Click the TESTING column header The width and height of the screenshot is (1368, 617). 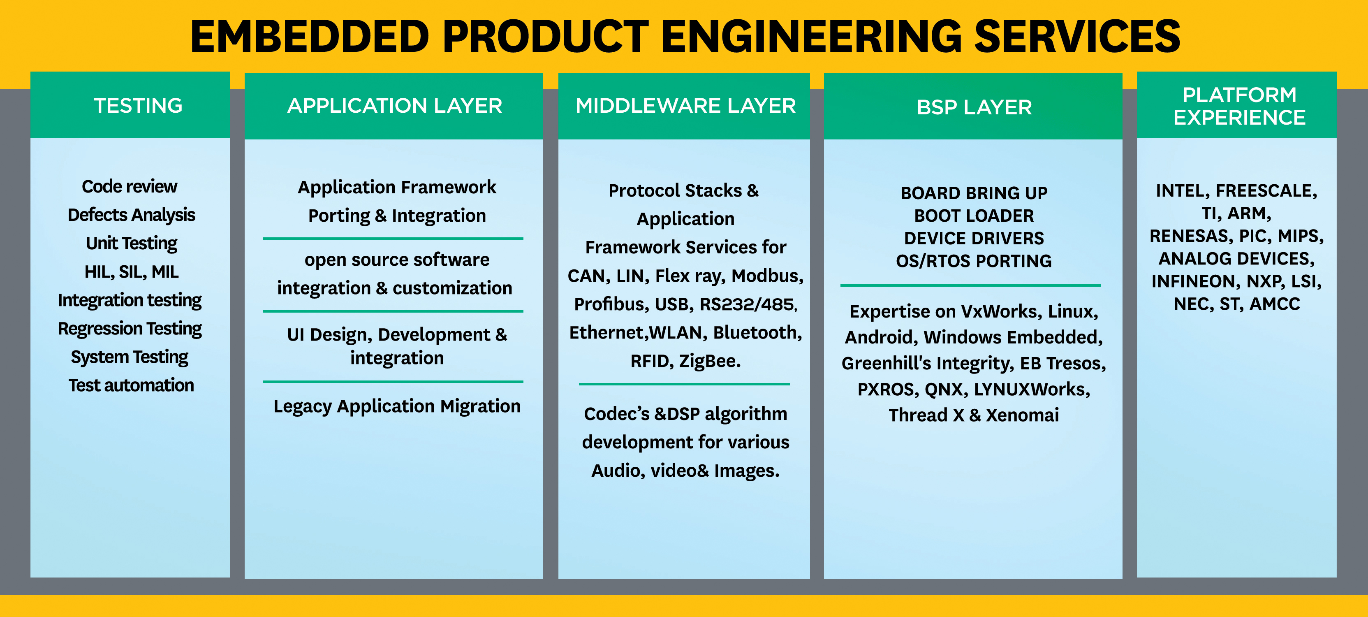pyautogui.click(x=138, y=106)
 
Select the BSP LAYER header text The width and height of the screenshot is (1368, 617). pyautogui.click(x=974, y=108)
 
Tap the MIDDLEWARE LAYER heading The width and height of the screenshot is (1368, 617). pyautogui.click(x=685, y=106)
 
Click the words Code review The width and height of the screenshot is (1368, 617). pyautogui.click(x=130, y=186)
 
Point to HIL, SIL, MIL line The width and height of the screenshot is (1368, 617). pyautogui.click(x=131, y=271)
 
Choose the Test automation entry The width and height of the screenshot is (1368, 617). pyautogui.click(x=131, y=385)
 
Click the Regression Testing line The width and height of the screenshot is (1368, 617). pyautogui.click(x=130, y=328)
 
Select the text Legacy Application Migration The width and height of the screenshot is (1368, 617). pyautogui.click(x=397, y=406)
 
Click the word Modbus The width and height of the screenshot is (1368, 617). pyautogui.click(x=767, y=276)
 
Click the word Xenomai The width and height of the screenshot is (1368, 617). pyautogui.click(x=1022, y=415)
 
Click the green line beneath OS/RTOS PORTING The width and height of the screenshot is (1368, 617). pyautogui.click(x=970, y=285)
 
